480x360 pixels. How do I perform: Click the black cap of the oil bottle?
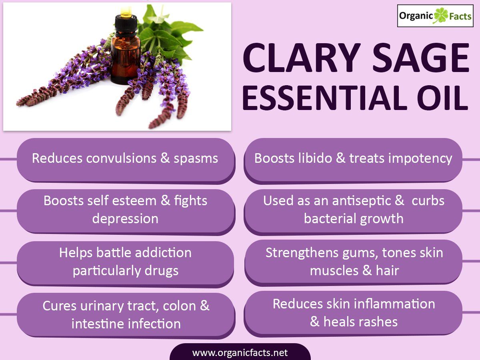[x=126, y=25]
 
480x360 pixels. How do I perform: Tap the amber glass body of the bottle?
[x=126, y=59]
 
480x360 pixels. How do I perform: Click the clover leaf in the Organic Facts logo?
[x=441, y=16]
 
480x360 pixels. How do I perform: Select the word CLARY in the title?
[x=302, y=58]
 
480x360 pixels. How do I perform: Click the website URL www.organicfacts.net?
[x=240, y=352]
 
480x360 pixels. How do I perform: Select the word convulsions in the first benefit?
[x=121, y=158]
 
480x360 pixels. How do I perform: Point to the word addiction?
[x=163, y=253]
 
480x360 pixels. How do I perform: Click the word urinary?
[x=102, y=306]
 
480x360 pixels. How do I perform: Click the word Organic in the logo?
[x=416, y=16]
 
